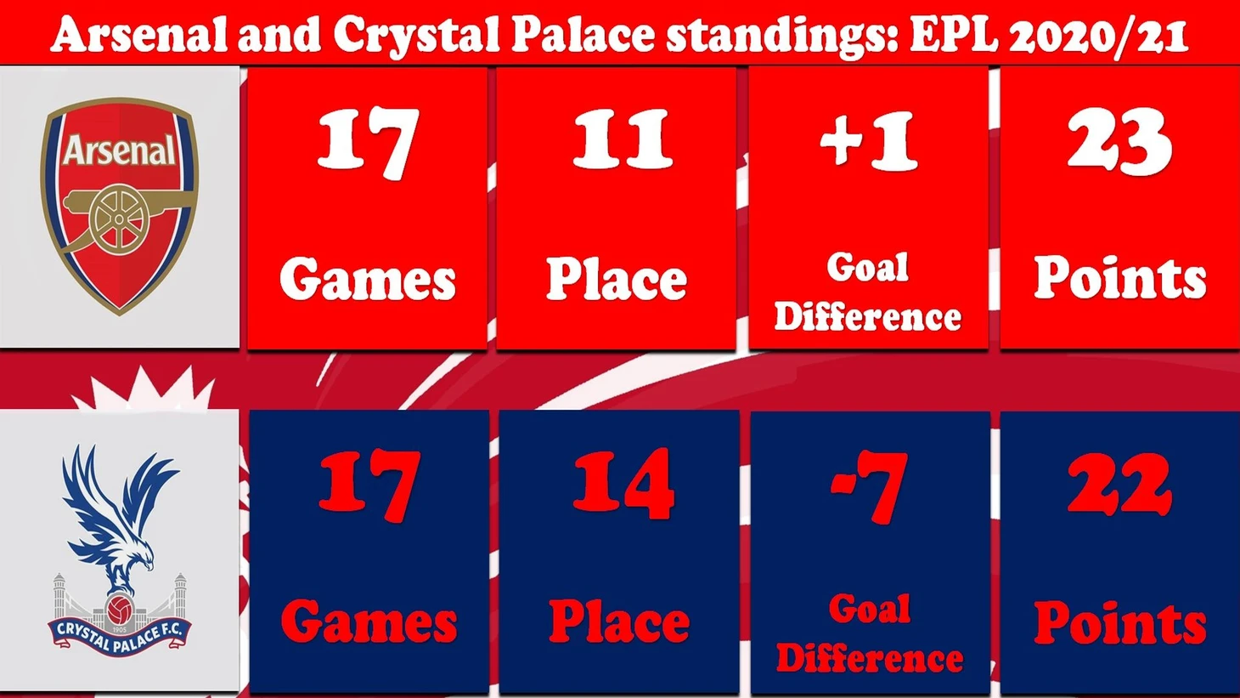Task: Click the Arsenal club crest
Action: click(x=120, y=206)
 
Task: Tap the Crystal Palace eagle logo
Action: click(x=120, y=551)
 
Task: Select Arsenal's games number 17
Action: click(x=368, y=144)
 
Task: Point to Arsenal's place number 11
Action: click(x=623, y=139)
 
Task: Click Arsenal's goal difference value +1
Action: click(x=869, y=141)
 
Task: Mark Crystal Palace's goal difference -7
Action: click(x=870, y=487)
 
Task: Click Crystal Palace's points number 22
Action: click(x=1119, y=483)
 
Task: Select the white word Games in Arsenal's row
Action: click(x=368, y=281)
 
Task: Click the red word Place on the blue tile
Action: click(x=619, y=621)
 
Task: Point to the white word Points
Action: click(x=1120, y=278)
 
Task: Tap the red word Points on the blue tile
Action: click(x=1120, y=622)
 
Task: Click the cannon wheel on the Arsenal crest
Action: click(x=119, y=219)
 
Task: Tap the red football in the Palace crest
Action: click(x=120, y=610)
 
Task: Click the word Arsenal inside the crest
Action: click(x=120, y=150)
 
